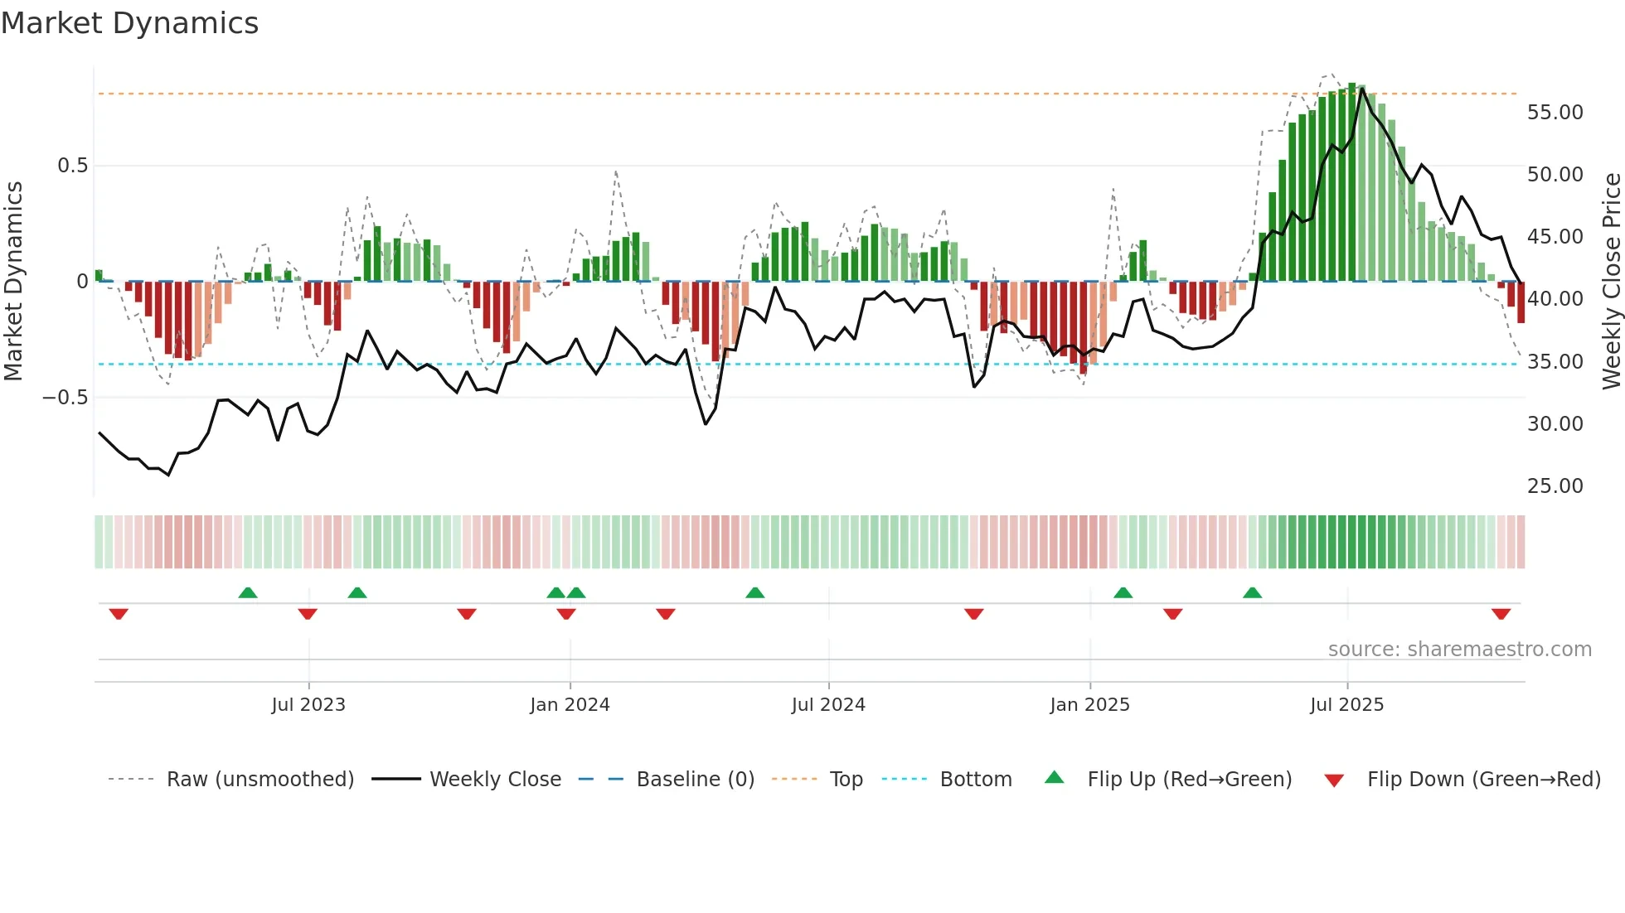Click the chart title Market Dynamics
point(129,23)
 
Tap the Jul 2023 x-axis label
point(308,704)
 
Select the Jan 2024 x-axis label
point(570,704)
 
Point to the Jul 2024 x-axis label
point(828,704)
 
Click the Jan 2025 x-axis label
point(1089,704)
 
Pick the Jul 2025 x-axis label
point(1346,704)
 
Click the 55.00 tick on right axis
point(1555,112)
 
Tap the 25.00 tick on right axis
point(1555,485)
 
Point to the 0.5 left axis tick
point(72,166)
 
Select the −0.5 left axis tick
point(65,398)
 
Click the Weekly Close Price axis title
point(1611,281)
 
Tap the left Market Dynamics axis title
point(13,281)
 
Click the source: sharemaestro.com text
point(1459,649)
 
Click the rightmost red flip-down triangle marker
point(1501,614)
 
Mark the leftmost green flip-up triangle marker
point(247,592)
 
